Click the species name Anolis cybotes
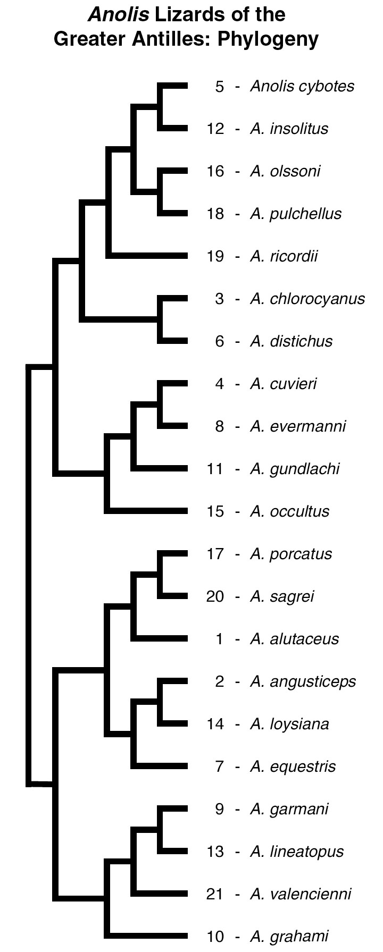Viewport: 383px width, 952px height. (x=302, y=86)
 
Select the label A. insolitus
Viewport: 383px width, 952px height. (x=289, y=129)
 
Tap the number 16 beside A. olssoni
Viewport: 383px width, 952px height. (x=215, y=171)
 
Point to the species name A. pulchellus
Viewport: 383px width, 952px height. (x=296, y=214)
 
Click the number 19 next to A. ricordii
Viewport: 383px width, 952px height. (x=215, y=256)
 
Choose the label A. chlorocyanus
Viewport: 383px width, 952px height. (x=307, y=299)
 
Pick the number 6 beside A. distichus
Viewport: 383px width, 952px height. (x=220, y=341)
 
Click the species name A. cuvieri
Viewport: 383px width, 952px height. (x=283, y=384)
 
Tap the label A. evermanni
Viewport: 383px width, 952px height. (x=298, y=426)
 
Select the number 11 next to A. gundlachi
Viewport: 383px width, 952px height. (x=215, y=469)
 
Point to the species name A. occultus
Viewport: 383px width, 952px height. (x=289, y=511)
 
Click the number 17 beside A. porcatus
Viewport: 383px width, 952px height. (x=215, y=554)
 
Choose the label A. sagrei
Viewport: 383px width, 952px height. (x=282, y=596)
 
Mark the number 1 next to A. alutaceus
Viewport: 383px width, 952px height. (x=220, y=639)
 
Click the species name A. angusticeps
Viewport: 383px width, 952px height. (x=303, y=681)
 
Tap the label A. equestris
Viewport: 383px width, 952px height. (x=293, y=766)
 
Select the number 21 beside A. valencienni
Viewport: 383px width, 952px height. (x=215, y=894)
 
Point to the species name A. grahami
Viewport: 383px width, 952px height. (x=289, y=937)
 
